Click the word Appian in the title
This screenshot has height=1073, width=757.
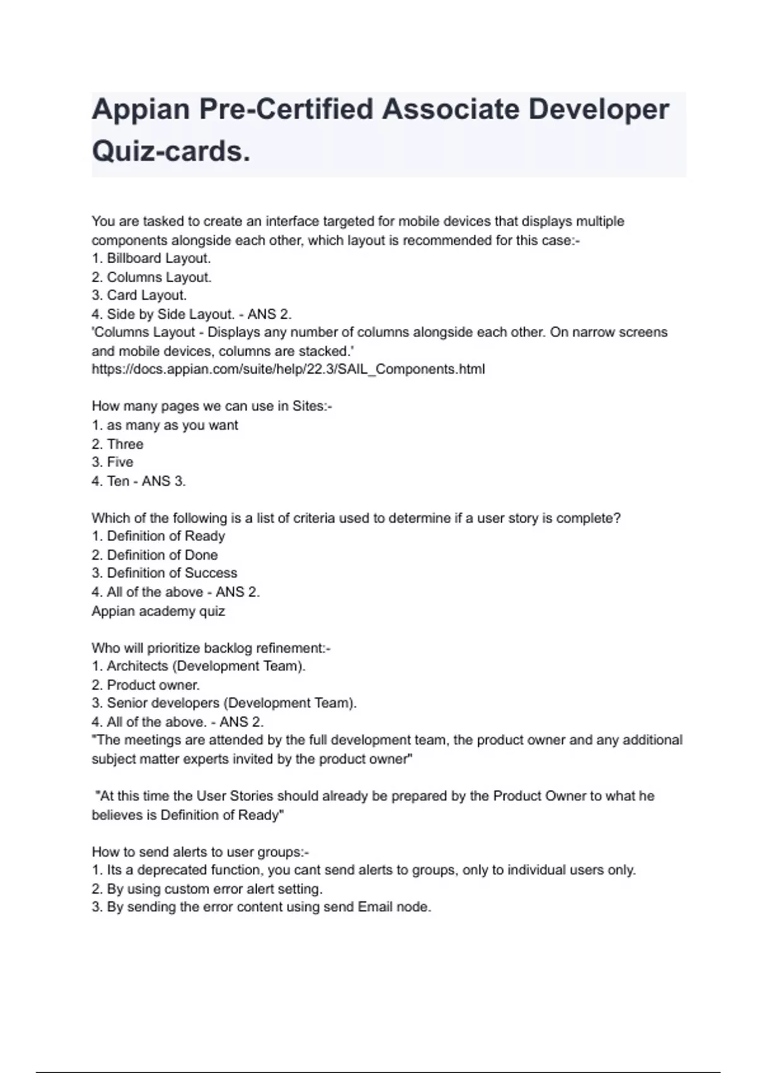click(141, 110)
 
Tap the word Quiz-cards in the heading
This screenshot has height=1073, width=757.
click(171, 151)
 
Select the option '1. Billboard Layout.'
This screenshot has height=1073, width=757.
click(151, 258)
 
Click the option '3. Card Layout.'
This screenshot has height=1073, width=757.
click(139, 295)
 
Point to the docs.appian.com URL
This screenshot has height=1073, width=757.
click(288, 369)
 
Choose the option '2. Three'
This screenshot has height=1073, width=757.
click(117, 444)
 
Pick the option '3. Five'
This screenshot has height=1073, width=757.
click(112, 462)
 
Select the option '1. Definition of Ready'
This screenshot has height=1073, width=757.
click(158, 536)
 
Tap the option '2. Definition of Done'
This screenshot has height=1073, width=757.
click(155, 555)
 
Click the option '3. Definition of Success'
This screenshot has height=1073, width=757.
click(165, 573)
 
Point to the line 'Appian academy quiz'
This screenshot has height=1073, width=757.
click(158, 611)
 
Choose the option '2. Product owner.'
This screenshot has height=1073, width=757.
click(146, 685)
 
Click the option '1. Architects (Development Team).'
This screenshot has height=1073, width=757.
click(199, 666)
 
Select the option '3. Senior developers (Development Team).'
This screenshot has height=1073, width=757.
click(224, 703)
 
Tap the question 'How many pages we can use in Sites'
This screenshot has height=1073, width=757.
click(212, 406)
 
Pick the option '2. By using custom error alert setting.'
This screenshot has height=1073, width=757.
click(207, 889)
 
